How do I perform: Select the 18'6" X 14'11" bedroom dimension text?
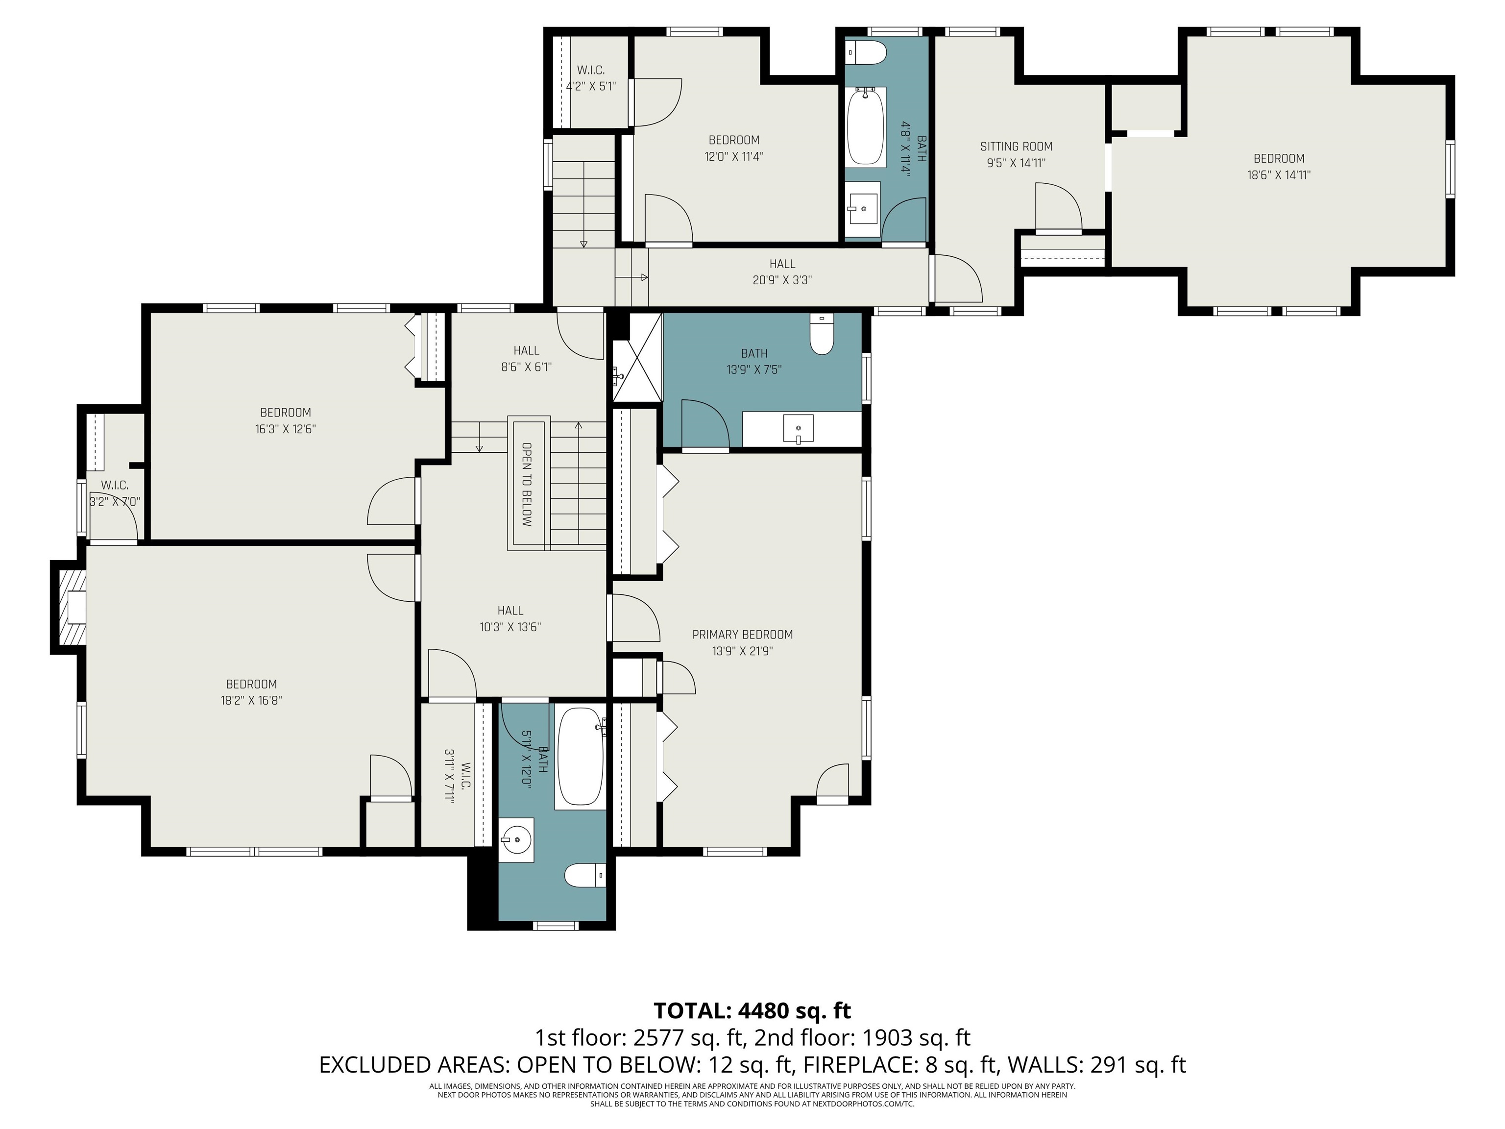(x=1279, y=175)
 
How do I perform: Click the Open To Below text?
(x=527, y=485)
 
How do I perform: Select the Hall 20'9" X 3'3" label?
(x=782, y=271)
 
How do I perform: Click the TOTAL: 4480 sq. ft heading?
(x=752, y=1010)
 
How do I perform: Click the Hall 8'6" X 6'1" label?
(x=527, y=359)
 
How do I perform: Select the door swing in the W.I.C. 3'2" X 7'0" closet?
(x=122, y=514)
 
